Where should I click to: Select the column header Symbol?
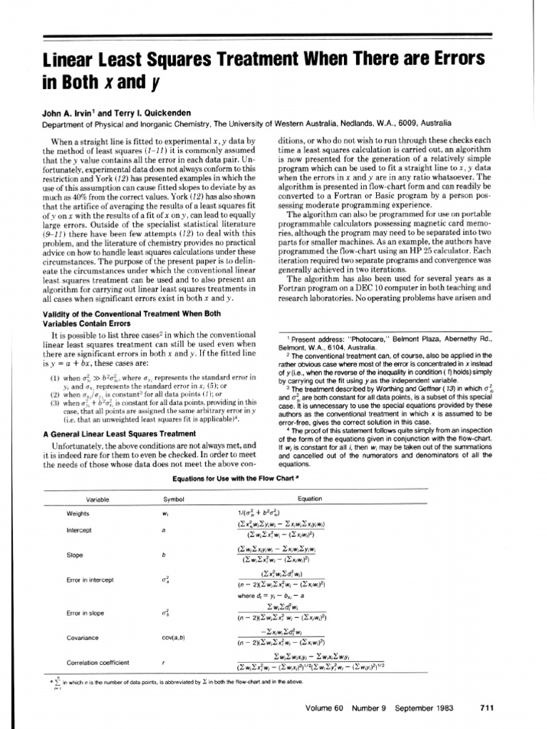coord(174,499)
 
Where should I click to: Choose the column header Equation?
coord(310,499)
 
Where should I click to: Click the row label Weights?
coord(78,513)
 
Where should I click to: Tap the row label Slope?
coord(75,555)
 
